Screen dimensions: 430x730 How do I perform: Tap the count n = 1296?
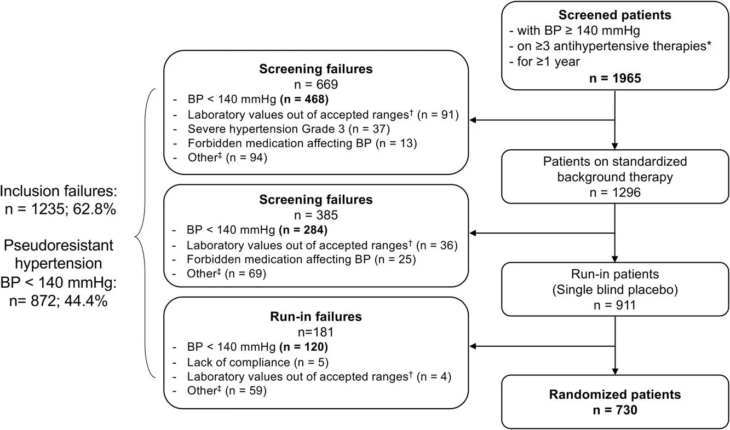(615, 193)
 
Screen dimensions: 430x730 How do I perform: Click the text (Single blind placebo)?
(615, 289)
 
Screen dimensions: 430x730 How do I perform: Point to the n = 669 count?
(315, 84)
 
